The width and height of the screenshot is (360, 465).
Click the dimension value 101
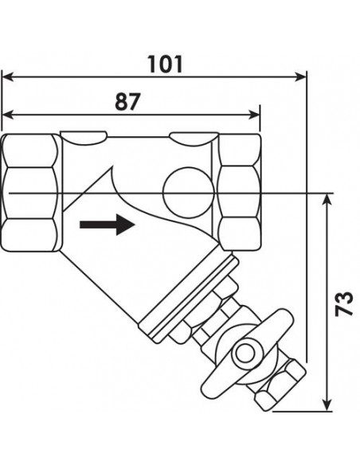click(x=165, y=64)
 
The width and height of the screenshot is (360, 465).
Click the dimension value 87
click(x=127, y=102)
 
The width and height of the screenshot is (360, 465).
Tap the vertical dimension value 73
click(x=344, y=303)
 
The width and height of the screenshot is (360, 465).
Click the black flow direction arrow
click(x=108, y=225)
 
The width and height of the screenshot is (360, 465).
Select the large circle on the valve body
click(x=188, y=193)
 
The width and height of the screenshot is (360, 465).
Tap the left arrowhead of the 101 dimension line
click(x=8, y=76)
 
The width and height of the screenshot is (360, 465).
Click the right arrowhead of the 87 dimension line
click(x=253, y=115)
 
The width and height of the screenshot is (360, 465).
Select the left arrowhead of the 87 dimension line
click(x=8, y=115)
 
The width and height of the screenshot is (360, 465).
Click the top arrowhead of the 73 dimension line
click(x=327, y=200)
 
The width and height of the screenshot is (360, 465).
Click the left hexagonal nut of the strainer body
click(x=30, y=193)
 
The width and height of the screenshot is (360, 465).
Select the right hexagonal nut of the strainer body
click(x=240, y=193)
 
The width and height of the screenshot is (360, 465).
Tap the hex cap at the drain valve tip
click(x=280, y=385)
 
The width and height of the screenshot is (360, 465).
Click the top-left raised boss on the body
click(x=84, y=135)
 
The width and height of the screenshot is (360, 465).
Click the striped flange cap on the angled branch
click(x=190, y=299)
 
